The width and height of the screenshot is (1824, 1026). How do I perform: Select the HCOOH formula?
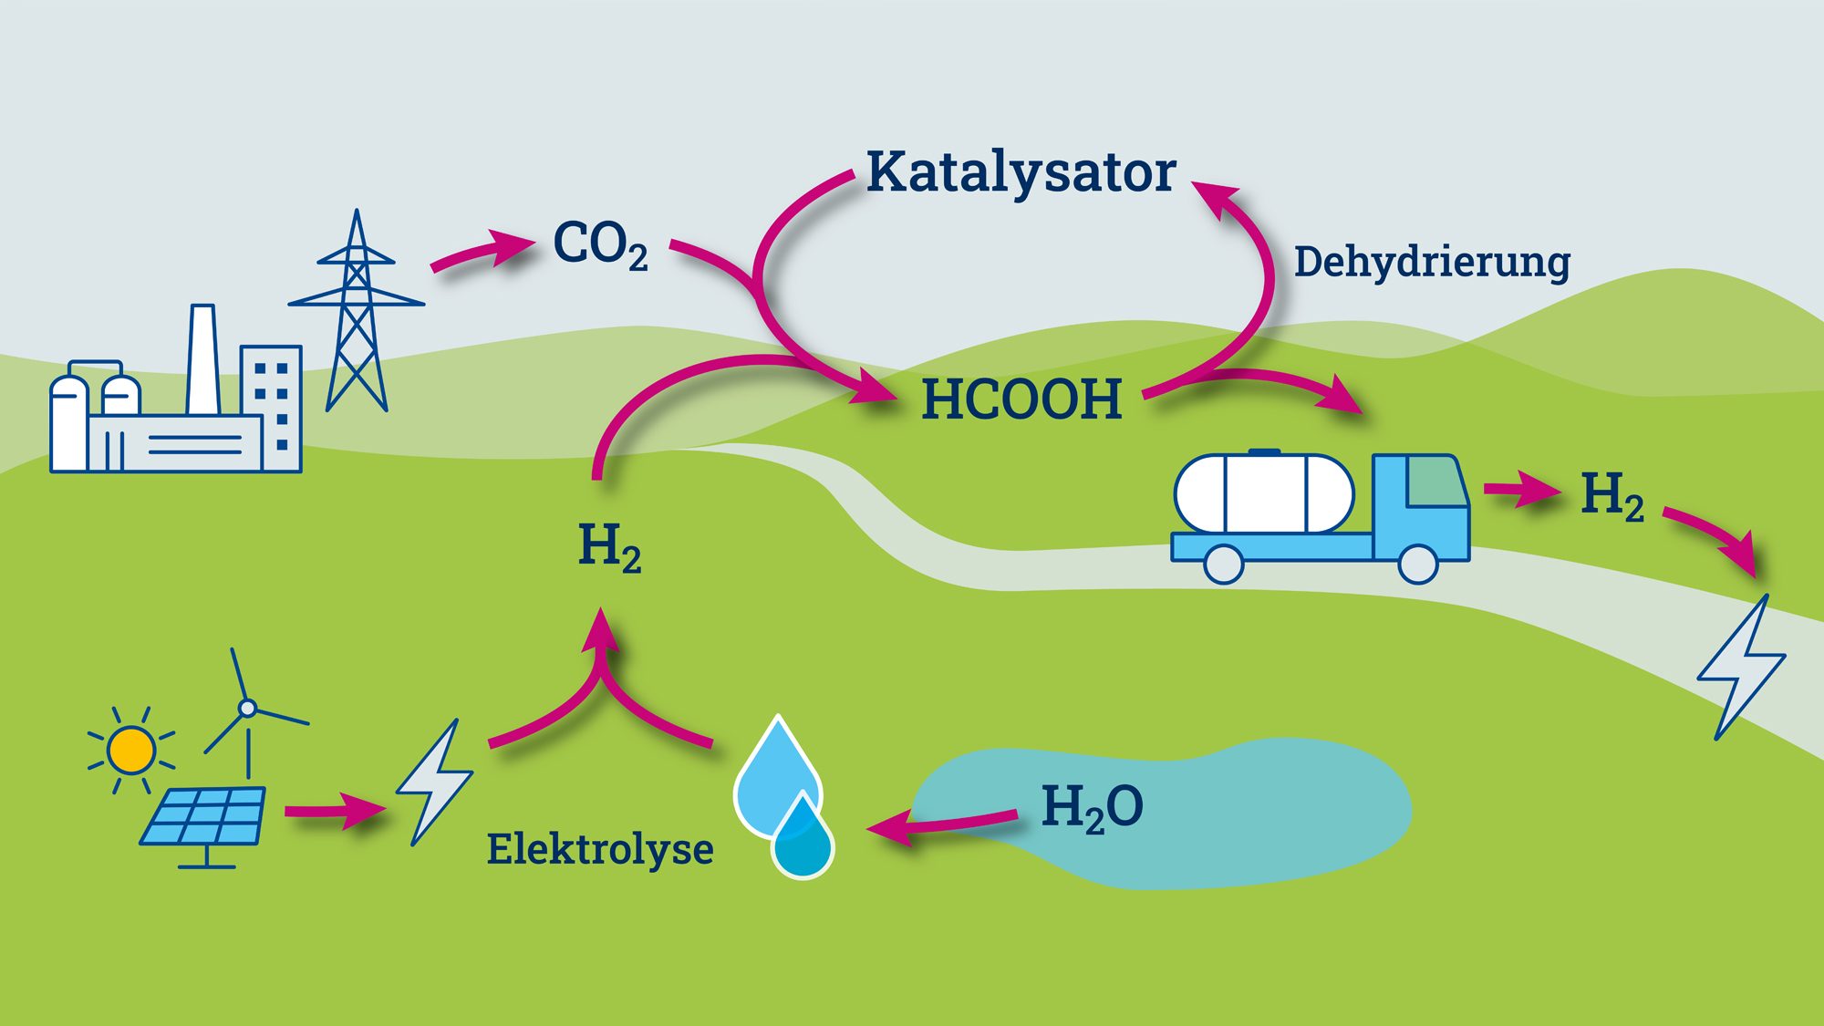(x=1021, y=399)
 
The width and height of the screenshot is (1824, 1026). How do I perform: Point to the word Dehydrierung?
(x=1432, y=262)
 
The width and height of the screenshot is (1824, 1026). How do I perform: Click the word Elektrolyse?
(x=599, y=849)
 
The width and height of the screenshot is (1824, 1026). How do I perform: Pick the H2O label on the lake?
(x=1092, y=807)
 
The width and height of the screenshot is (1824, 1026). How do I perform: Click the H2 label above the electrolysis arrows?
(x=609, y=546)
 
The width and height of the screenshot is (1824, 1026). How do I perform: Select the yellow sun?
(x=131, y=750)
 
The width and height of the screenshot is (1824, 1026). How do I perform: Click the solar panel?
(x=204, y=816)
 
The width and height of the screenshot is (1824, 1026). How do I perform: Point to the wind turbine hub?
(x=247, y=708)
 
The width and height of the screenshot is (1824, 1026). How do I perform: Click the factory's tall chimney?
(x=202, y=360)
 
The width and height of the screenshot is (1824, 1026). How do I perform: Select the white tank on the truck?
(x=1264, y=493)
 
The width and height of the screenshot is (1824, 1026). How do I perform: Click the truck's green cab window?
(x=1435, y=482)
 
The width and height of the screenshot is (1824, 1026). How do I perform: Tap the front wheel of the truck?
(x=1418, y=564)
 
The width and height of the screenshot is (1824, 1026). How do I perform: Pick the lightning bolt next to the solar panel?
(x=436, y=782)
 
